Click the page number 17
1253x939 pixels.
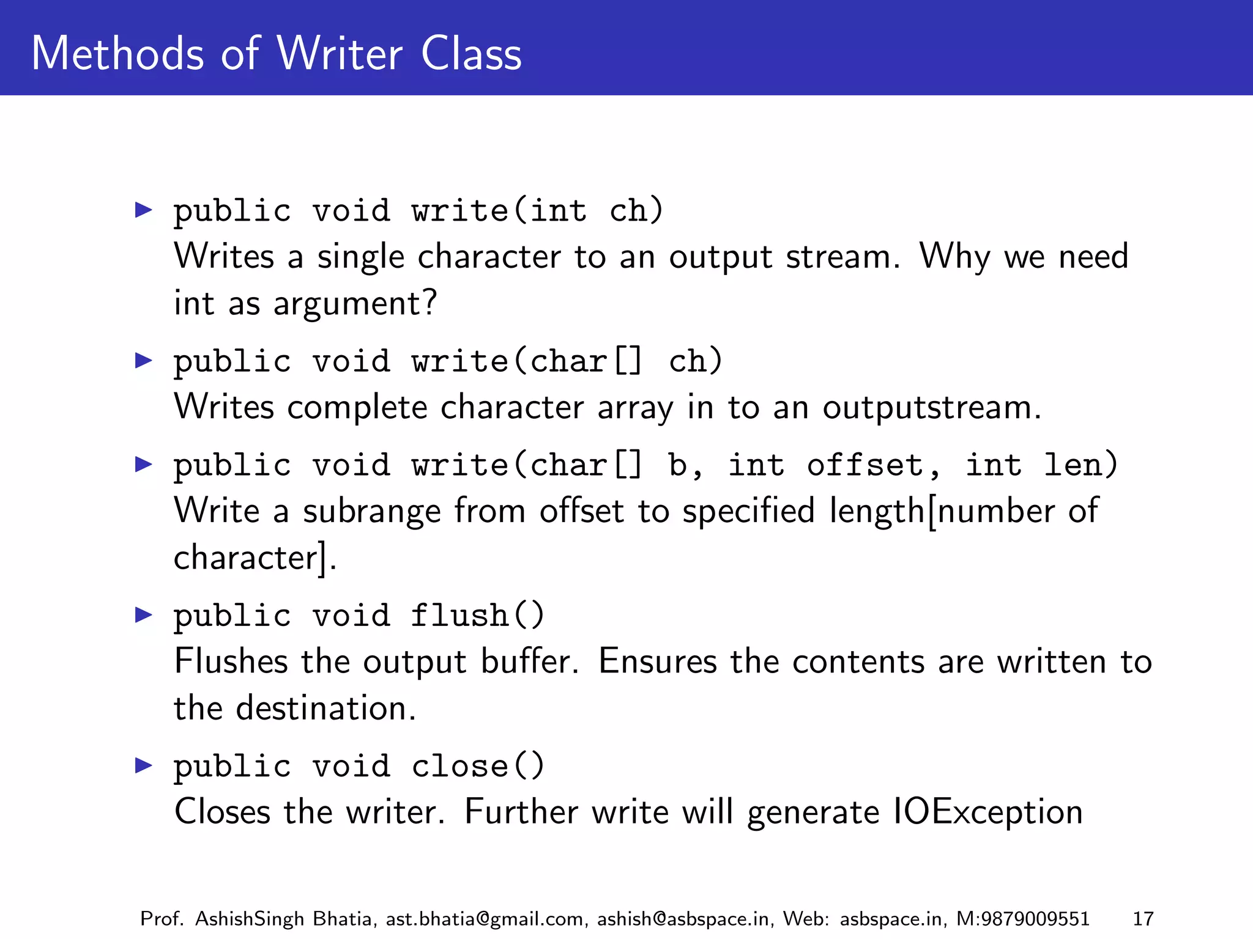pos(1143,919)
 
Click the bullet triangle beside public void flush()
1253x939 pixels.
pos(144,614)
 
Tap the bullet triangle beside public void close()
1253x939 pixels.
pos(144,765)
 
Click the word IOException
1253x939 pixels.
pos(988,812)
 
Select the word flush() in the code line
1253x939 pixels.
pos(477,615)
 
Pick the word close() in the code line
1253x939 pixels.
pos(477,766)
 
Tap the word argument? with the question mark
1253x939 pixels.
pos(355,304)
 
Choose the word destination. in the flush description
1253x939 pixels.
pos(326,709)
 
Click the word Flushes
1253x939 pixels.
pos(231,661)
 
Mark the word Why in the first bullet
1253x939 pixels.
pos(954,257)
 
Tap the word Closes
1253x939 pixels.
pos(222,812)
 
